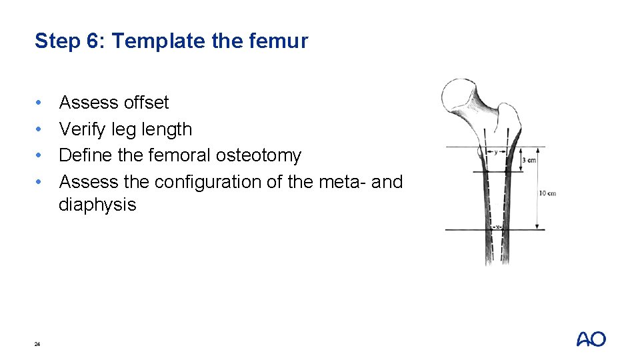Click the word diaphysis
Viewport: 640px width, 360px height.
point(97,205)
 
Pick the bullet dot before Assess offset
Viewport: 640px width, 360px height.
point(40,103)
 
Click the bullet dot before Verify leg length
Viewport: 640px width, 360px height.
point(40,129)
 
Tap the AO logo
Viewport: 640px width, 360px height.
point(591,339)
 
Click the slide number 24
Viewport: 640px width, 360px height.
point(37,344)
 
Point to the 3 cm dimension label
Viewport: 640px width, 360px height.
point(529,160)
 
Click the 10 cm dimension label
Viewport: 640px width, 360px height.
point(547,193)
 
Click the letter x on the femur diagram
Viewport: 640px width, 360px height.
point(496,227)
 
